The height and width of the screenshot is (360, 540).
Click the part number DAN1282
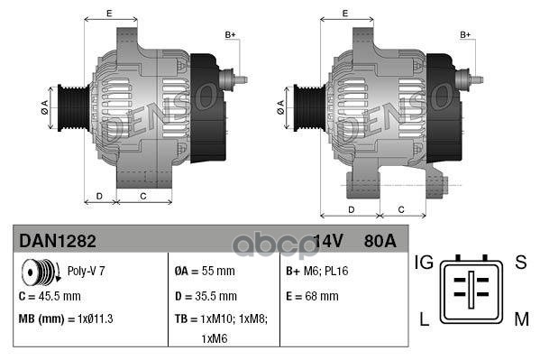(58, 241)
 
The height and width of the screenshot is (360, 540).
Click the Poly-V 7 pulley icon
(37, 271)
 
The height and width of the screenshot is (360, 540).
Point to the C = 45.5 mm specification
(50, 295)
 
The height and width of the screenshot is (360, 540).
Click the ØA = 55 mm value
(204, 271)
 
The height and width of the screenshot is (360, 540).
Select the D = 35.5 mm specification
(206, 295)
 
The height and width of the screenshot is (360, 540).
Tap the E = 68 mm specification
(312, 295)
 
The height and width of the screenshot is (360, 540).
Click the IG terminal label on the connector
(425, 263)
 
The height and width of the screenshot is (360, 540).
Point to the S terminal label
(520, 263)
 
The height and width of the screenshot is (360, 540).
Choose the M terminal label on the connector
(520, 318)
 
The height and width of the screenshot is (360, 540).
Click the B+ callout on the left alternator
(230, 34)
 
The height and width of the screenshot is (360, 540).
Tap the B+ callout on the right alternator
(466, 34)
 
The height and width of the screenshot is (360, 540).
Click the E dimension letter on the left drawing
(109, 13)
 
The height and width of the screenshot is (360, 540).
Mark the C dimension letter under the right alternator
(399, 209)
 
